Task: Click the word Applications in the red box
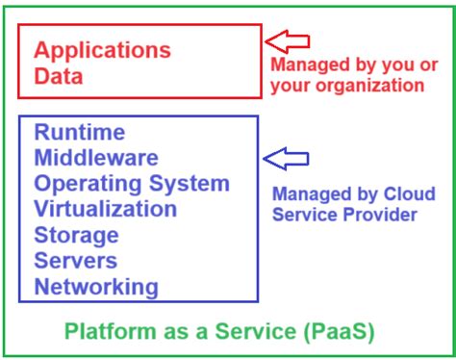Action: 102,50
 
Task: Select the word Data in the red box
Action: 59,75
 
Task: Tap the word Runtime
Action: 80,132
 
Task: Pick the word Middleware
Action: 96,158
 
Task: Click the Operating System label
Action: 132,184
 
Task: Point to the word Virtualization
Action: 106,209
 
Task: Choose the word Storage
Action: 77,235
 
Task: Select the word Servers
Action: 76,261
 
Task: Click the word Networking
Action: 96,287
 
